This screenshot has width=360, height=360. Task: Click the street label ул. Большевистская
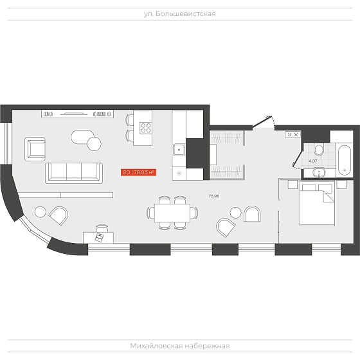180,14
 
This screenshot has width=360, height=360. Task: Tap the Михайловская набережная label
180,346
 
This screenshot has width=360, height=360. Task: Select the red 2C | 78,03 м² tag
138,172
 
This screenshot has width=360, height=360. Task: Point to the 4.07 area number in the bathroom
313,161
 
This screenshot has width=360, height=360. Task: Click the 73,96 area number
213,196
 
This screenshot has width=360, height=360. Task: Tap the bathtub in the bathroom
345,160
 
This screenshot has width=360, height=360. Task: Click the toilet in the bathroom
319,150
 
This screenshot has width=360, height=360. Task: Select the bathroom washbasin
319,172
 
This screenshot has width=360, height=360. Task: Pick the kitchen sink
179,149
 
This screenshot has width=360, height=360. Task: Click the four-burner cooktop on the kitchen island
146,128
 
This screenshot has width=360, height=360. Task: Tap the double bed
317,204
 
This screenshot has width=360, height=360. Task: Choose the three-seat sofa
74,173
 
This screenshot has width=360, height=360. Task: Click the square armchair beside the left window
35,149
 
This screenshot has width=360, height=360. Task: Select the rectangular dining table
172,213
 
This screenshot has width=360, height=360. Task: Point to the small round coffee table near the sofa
94,144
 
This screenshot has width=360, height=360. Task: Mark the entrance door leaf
262,122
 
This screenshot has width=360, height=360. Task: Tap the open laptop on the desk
100,237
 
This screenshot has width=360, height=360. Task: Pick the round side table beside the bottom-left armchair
40,212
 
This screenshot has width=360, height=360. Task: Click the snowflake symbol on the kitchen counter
179,174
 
